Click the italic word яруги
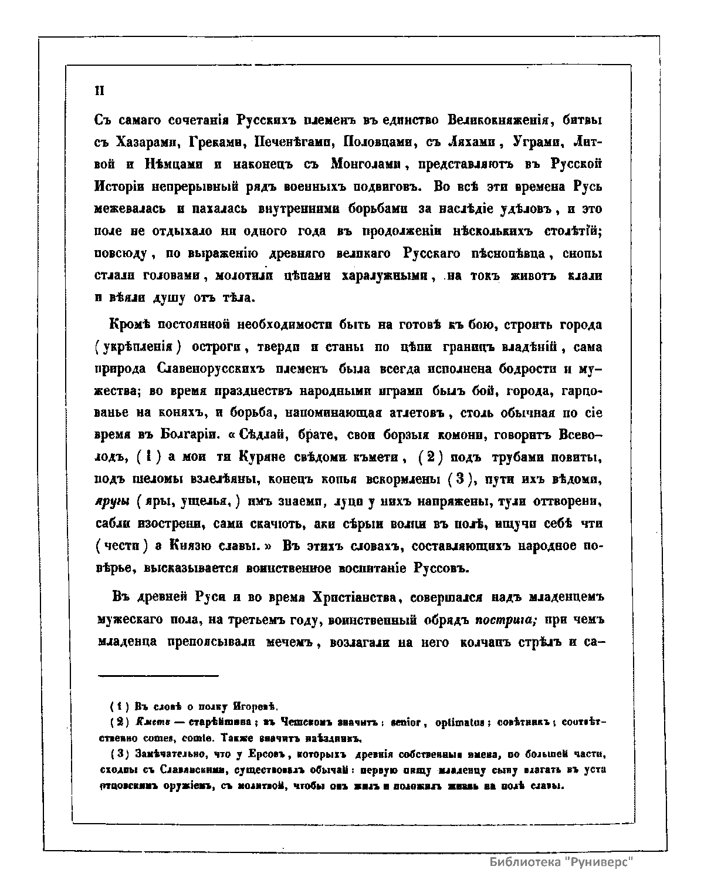pyautogui.click(x=112, y=503)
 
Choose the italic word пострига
pyautogui.click(x=503, y=620)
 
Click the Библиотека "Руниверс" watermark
pyautogui.click(x=563, y=862)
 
